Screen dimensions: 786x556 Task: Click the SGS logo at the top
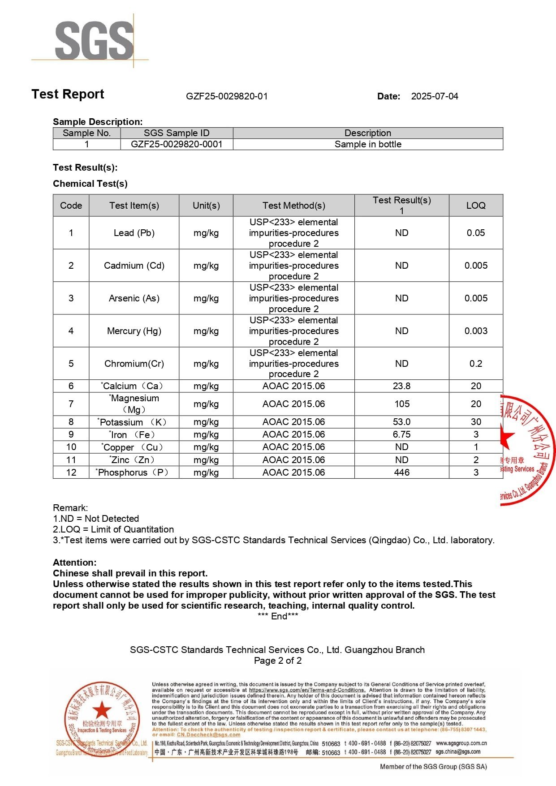tap(94, 41)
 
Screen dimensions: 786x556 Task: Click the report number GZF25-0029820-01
tap(227, 96)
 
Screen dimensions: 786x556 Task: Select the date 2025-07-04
tap(435, 96)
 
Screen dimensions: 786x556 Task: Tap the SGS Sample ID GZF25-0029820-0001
tap(177, 144)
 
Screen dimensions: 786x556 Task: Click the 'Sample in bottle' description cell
tap(368, 144)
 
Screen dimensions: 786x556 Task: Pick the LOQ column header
tap(476, 206)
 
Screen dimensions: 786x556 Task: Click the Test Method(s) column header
tap(294, 206)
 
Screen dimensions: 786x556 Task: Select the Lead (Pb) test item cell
tap(134, 233)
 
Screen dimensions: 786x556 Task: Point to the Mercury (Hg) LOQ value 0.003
tap(476, 331)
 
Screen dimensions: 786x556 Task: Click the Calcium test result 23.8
tap(402, 386)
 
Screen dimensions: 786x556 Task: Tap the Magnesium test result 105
tap(402, 404)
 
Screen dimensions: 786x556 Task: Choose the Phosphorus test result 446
tap(402, 472)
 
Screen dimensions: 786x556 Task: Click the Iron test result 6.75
tap(402, 434)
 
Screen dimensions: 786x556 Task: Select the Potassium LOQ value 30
tap(476, 422)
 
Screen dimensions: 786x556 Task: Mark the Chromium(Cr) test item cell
tap(134, 364)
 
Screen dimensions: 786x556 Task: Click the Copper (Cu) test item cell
tap(134, 447)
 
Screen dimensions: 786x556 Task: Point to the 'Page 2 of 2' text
tap(278, 661)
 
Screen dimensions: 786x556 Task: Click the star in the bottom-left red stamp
tap(102, 710)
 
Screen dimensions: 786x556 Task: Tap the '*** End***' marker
tap(278, 616)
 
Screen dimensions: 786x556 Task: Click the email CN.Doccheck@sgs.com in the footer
tap(208, 735)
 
